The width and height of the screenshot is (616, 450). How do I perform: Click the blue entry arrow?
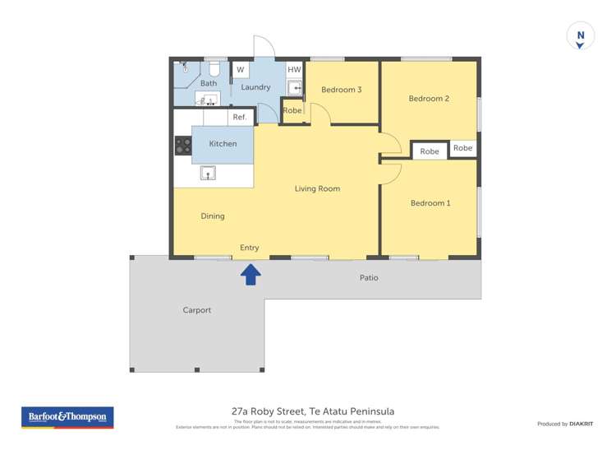[x=251, y=275]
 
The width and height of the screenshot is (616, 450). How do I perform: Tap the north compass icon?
[x=580, y=37]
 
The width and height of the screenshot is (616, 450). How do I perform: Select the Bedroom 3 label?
[x=341, y=90]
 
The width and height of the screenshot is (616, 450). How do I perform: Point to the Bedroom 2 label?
[x=429, y=99]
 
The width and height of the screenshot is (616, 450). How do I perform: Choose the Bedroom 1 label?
[x=430, y=203]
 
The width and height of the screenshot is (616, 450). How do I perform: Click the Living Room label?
[x=317, y=189]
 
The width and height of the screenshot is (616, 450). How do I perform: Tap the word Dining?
[x=213, y=216]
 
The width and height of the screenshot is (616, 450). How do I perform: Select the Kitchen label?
[x=223, y=144]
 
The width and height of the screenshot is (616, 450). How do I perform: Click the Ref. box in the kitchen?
[x=240, y=117]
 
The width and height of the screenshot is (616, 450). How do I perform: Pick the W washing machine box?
[x=241, y=70]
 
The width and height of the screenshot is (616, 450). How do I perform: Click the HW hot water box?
[x=294, y=70]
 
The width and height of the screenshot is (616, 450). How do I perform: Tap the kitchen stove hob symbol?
[x=183, y=146]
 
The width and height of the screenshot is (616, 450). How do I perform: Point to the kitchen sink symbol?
[x=208, y=173]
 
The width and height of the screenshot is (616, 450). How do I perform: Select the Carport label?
[x=197, y=310]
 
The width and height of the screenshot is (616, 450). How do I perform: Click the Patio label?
[x=369, y=278]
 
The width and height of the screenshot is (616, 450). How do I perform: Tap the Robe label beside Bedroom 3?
[x=292, y=110]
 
